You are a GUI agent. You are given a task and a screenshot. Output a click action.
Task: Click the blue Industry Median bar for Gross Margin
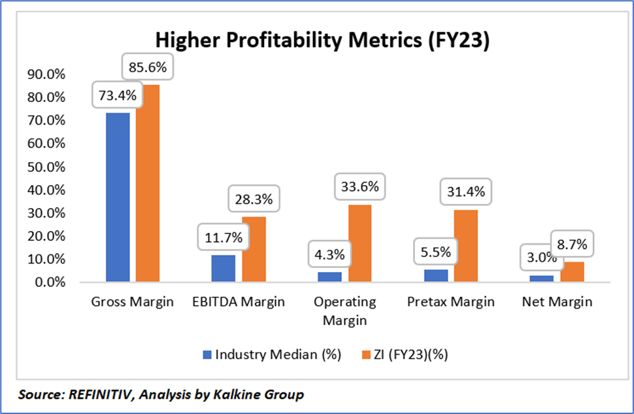pos(118,197)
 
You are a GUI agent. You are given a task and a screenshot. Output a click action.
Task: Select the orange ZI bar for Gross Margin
pos(148,183)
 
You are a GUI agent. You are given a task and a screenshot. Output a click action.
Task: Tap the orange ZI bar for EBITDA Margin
pos(254,249)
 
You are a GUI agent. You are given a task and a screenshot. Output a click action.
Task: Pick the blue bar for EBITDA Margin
pos(224,268)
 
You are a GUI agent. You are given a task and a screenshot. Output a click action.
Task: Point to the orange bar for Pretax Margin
pos(466,246)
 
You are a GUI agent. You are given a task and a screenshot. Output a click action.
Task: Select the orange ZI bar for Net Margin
pos(573,271)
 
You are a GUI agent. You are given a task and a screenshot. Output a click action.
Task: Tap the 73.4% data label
pos(118,95)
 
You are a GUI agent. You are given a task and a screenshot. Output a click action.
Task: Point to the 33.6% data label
pos(359,188)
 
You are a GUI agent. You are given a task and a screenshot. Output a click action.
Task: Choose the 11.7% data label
pos(223,238)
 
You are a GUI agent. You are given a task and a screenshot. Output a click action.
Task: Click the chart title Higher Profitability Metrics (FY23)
pos(322,41)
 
